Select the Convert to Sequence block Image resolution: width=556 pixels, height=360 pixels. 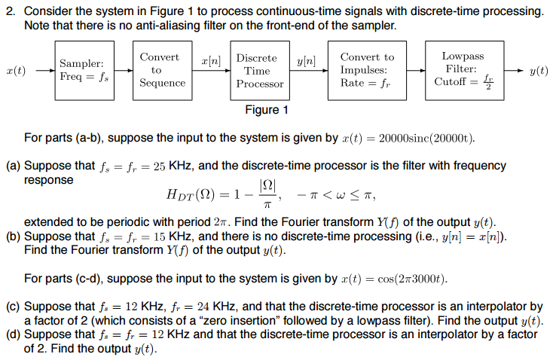click(x=162, y=70)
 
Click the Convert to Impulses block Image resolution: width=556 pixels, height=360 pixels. click(x=367, y=70)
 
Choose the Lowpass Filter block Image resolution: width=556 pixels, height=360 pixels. click(x=463, y=70)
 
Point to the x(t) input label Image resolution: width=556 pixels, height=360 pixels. click(x=15, y=71)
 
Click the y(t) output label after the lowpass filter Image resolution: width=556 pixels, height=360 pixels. click(x=539, y=71)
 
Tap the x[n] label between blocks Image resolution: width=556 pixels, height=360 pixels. click(x=210, y=58)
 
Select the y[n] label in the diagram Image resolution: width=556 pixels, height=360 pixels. click(x=306, y=58)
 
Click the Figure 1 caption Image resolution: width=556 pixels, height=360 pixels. click(x=267, y=110)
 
